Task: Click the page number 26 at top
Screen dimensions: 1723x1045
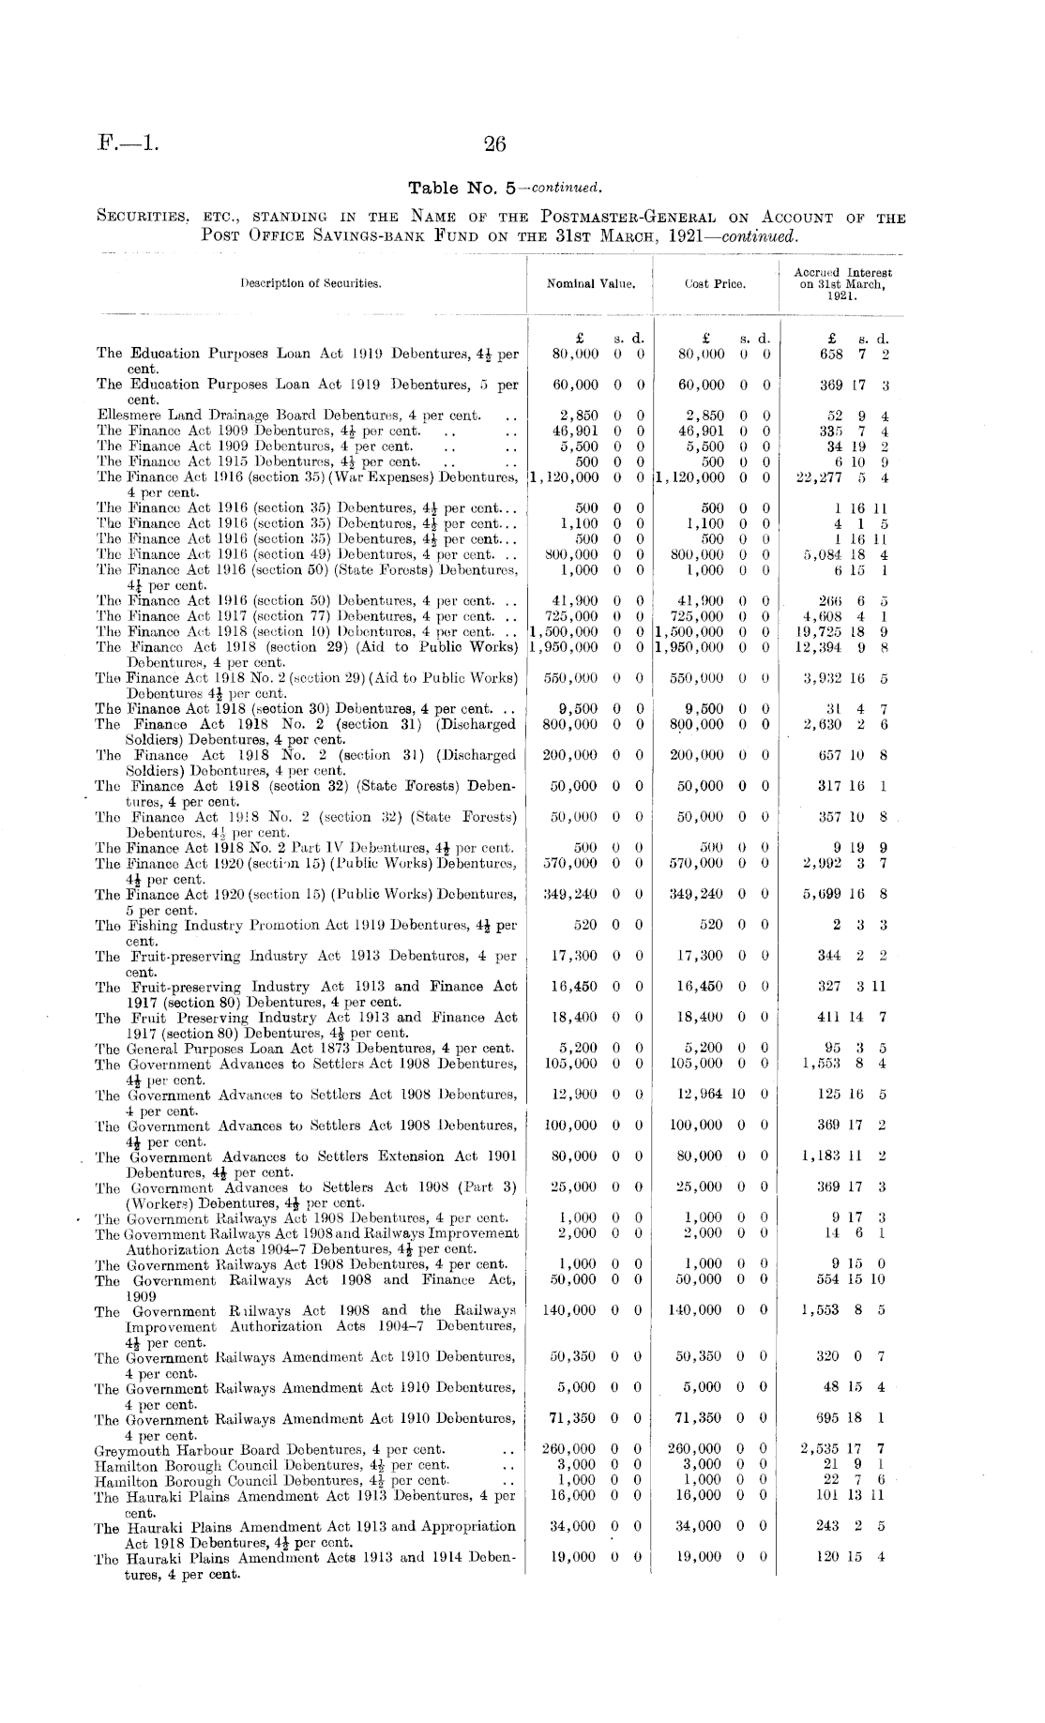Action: click(494, 144)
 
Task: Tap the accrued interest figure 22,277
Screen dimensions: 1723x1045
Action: click(817, 476)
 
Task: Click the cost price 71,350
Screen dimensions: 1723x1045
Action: click(699, 1418)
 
